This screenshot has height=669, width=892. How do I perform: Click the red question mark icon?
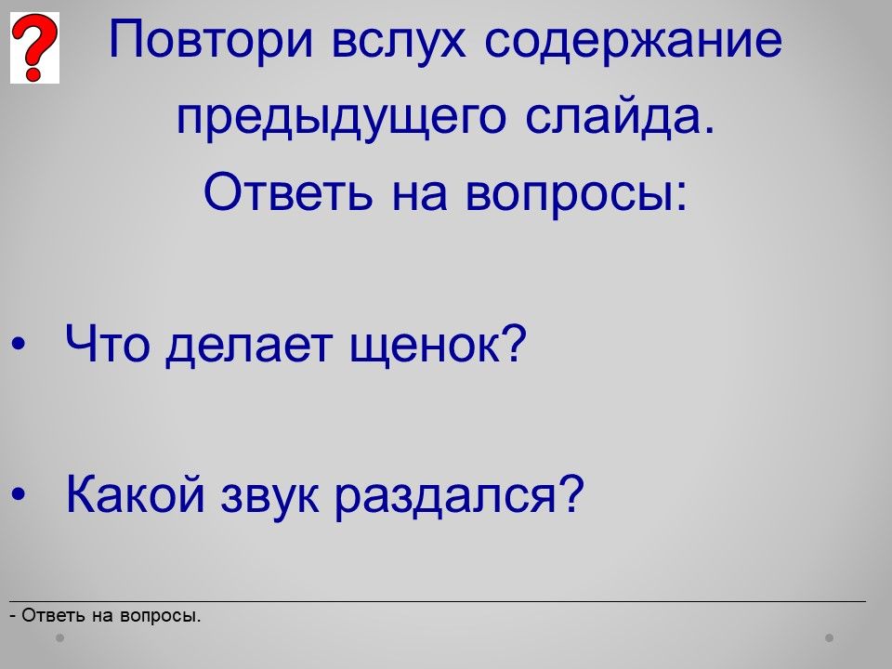[34, 47]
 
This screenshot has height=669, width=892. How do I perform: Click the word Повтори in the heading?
[211, 40]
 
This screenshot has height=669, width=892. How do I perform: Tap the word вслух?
[399, 40]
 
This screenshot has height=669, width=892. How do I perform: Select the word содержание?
[633, 40]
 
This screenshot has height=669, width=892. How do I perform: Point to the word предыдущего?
[341, 118]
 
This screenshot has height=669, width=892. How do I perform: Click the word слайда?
[620, 117]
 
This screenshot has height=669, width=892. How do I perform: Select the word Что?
[107, 344]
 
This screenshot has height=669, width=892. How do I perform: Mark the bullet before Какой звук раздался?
[19, 494]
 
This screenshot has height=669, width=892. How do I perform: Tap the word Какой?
[135, 492]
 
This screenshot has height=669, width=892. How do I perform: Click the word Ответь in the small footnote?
[54, 615]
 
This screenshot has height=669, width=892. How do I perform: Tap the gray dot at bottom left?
[59, 637]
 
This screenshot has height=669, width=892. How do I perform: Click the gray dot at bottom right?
[830, 637]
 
